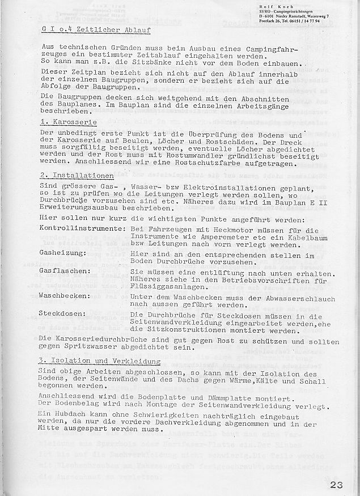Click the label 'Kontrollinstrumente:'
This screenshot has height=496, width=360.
point(83,227)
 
